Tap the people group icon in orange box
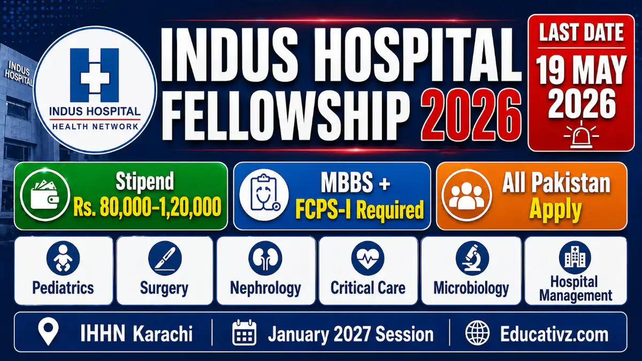[465, 196]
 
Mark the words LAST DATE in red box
[581, 33]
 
